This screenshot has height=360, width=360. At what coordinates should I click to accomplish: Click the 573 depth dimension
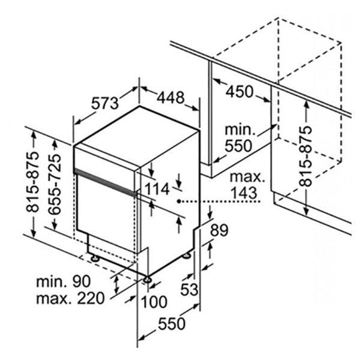[105, 103]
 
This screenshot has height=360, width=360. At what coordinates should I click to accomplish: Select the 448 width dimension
[170, 97]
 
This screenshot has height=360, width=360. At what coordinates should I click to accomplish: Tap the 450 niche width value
[239, 91]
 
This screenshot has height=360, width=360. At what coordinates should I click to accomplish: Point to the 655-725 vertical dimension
[55, 184]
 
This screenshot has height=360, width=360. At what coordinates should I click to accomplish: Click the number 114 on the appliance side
[157, 189]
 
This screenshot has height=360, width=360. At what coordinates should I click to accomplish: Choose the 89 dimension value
[219, 230]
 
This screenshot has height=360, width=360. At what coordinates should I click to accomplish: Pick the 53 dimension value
[190, 290]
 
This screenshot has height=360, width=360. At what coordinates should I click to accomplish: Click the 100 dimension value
[154, 302]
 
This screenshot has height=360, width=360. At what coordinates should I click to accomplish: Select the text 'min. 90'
[64, 281]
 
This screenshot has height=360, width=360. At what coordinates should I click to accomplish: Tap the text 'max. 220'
[70, 298]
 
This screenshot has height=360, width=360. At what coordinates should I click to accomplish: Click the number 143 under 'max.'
[244, 193]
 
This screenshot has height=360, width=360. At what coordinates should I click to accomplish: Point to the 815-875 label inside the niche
[306, 156]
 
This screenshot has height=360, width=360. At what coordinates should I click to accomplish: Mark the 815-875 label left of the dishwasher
[32, 182]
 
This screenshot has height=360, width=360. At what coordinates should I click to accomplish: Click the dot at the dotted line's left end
[179, 202]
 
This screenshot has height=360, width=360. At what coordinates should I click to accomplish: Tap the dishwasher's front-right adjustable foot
[147, 280]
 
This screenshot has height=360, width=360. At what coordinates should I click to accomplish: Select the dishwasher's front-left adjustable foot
[95, 258]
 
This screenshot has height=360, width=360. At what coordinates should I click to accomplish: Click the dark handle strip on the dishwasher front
[106, 181]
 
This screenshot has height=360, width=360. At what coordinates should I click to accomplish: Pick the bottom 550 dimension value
[172, 324]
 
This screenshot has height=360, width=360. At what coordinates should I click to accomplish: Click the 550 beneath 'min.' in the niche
[238, 146]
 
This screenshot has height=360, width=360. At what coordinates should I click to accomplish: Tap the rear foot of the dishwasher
[187, 256]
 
